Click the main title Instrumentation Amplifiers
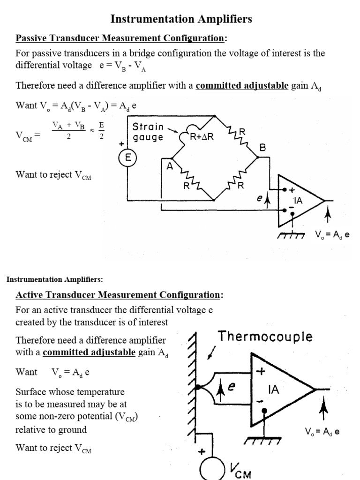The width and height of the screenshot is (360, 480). click(x=181, y=19)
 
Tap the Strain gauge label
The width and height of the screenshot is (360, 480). click(x=148, y=132)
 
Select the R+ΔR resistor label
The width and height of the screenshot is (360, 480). click(x=202, y=137)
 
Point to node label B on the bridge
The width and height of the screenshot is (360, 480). click(x=262, y=147)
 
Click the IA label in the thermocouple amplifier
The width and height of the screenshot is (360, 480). click(x=273, y=389)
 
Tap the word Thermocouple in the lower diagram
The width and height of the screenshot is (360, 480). click(x=265, y=337)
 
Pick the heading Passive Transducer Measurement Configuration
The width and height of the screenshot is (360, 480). click(x=121, y=38)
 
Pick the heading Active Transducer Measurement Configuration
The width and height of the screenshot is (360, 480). click(x=119, y=295)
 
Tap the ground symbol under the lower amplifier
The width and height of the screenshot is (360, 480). click(x=263, y=441)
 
